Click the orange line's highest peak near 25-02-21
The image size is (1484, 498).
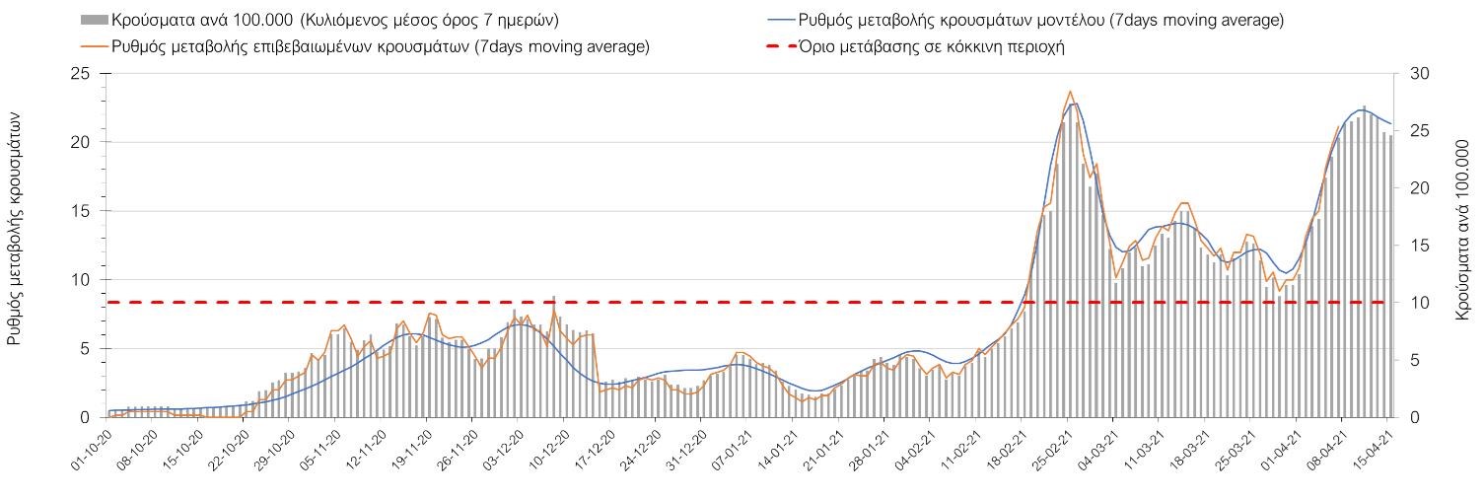click(x=1070, y=91)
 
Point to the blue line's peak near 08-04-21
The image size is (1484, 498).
click(x=1361, y=110)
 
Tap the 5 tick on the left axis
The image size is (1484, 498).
click(x=84, y=349)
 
